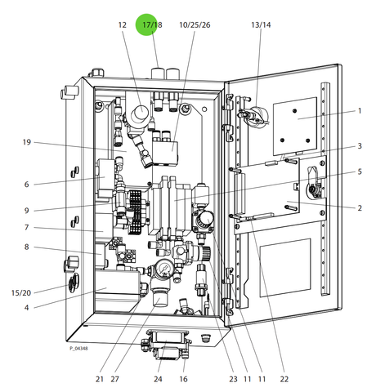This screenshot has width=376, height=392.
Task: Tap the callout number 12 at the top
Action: tap(123, 25)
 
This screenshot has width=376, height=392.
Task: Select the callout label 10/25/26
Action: tap(195, 25)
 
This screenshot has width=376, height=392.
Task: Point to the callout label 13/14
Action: tap(261, 25)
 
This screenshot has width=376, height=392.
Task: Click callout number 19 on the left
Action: tap(27, 142)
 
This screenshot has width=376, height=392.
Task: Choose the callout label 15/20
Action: tap(21, 293)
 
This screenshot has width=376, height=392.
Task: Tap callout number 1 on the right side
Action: tap(360, 111)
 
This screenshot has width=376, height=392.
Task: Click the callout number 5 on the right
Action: tap(360, 171)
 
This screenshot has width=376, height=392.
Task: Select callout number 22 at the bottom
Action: tap(284, 379)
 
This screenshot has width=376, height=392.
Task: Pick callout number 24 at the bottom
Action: tap(158, 379)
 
